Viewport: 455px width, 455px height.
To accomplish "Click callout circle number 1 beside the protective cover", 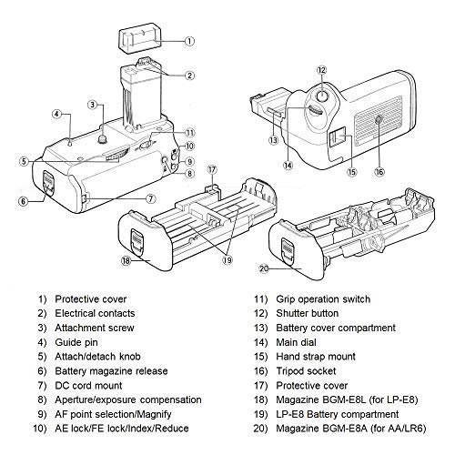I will (x=188, y=42).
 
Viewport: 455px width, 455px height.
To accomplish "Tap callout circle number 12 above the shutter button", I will (x=321, y=70).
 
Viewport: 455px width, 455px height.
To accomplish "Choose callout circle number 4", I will (x=56, y=115).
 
